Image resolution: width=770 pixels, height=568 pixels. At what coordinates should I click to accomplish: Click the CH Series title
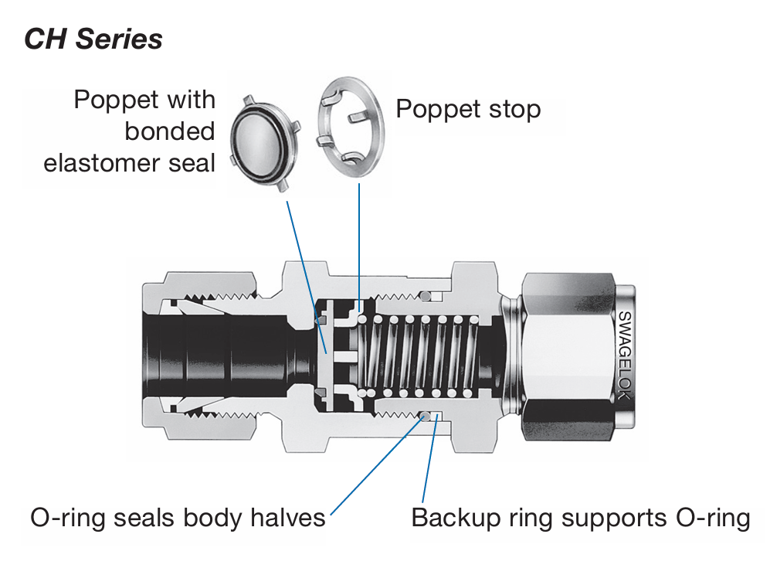[93, 38]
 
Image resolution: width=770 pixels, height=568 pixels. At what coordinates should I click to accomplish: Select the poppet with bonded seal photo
[265, 143]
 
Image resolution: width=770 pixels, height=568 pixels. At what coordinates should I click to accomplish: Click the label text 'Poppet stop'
[468, 109]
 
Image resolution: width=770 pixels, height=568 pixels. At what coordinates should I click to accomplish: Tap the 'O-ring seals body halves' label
[178, 517]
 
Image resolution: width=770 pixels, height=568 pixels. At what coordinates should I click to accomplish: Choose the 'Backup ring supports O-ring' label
[580, 517]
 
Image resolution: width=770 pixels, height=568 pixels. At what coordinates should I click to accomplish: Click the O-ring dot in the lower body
[424, 417]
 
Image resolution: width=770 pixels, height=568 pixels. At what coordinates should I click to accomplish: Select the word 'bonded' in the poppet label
[170, 131]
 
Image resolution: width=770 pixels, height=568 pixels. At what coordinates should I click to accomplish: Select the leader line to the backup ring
[429, 464]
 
